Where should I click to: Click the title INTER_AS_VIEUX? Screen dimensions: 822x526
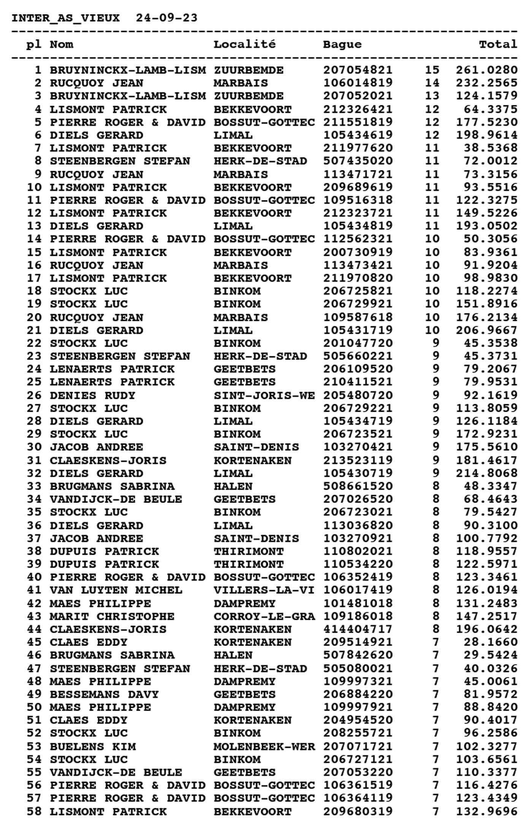65,18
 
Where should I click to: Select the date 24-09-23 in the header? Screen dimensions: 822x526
166,18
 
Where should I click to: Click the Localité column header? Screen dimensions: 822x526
244,44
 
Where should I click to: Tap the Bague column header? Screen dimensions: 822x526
342,44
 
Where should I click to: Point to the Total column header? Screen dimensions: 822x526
498,44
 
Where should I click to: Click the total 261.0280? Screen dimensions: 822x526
486,70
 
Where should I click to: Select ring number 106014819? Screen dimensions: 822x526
358,83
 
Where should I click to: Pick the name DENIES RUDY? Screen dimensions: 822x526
92,395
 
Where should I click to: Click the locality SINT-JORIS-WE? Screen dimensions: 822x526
264,395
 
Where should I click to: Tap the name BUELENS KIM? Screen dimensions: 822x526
92,746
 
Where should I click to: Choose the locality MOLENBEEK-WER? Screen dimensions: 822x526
264,746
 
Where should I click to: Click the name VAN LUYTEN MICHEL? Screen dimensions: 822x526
116,590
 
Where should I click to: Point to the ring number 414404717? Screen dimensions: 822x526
358,629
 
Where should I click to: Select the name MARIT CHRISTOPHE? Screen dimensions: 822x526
112,616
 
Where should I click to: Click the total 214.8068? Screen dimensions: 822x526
486,473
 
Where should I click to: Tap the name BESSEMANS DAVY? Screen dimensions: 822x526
104,694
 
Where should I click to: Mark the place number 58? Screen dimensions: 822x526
34,811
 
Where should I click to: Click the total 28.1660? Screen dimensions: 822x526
490,642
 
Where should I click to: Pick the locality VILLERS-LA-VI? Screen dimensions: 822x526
264,590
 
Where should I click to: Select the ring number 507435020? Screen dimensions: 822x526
358,161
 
